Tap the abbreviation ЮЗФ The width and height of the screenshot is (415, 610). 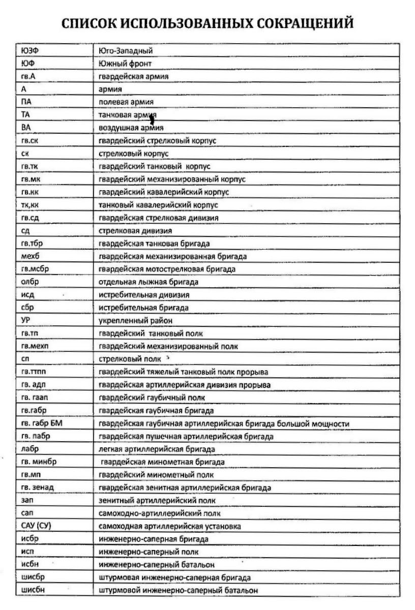coord(29,51)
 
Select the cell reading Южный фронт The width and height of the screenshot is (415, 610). coord(125,64)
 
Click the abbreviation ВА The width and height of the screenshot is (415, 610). coord(26,128)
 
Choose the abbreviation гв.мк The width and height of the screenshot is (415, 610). coord(31,179)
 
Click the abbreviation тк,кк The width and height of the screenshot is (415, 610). coord(31,205)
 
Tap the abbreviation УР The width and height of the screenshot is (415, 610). coord(26,320)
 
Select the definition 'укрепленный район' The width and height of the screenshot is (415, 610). coord(135,321)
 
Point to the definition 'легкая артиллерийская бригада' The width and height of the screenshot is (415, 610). coord(157,449)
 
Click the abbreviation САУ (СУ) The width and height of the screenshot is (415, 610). coord(37,526)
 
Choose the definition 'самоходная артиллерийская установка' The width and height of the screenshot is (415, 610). coord(170,526)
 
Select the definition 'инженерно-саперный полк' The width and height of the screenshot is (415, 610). coord(149,552)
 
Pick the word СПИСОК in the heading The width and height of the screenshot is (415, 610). coord(87,23)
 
